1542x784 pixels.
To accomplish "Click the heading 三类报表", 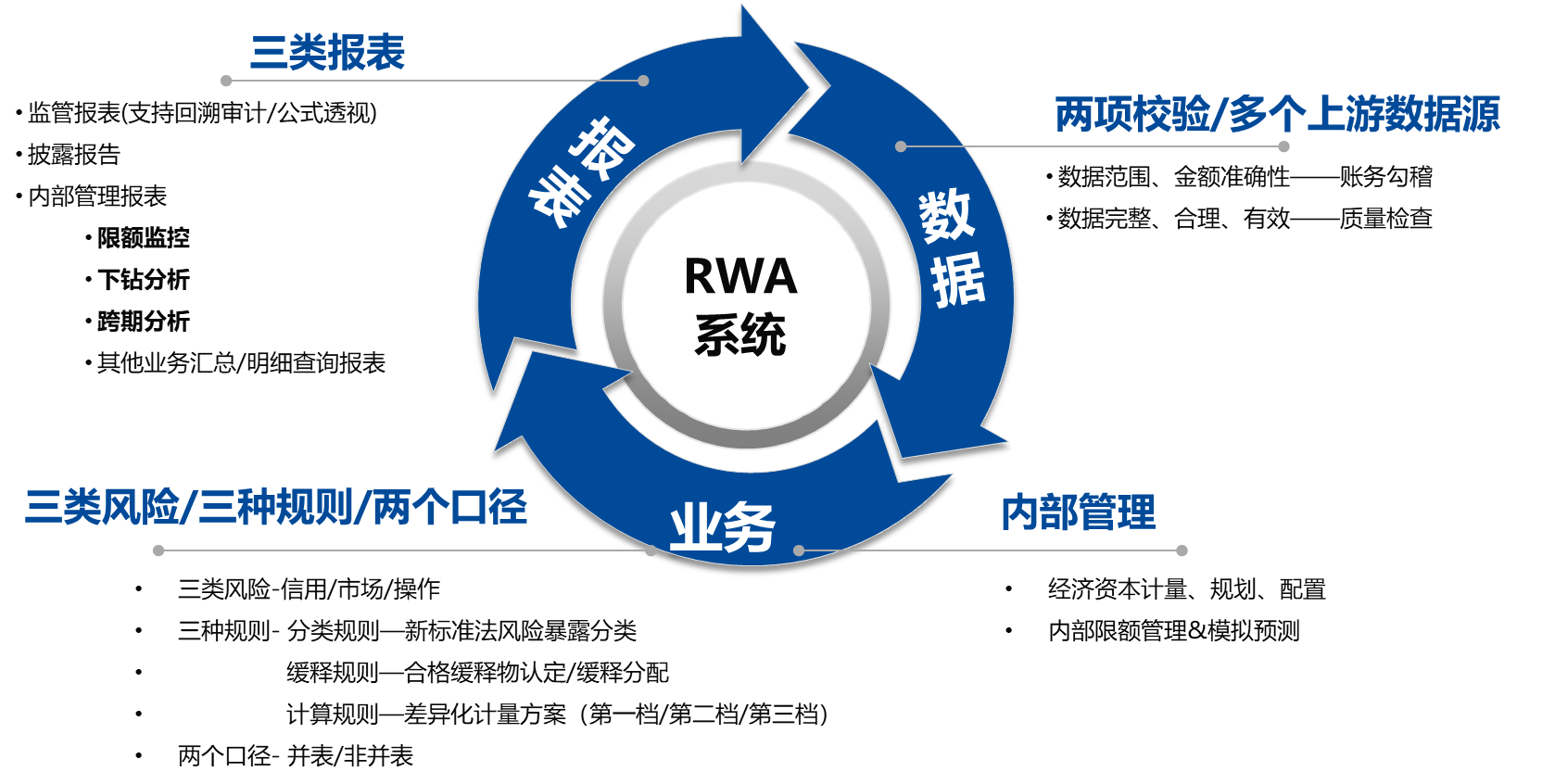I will coord(327,53).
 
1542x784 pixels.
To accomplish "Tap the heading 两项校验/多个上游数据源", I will coord(1277,115).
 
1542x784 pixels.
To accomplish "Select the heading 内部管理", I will coord(1078,512).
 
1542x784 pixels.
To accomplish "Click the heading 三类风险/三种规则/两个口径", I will coord(276,508).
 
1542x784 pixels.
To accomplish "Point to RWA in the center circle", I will coord(740,276).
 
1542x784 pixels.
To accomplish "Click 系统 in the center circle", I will coord(740,335).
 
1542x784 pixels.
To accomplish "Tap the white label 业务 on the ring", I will coord(722,528).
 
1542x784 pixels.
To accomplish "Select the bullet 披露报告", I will coord(74,155).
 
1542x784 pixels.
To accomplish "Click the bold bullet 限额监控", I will coord(143,238).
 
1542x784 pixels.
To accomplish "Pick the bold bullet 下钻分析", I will coord(143,280).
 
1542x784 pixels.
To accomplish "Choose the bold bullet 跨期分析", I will coord(143,322).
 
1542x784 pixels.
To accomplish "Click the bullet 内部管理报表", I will coord(97,196).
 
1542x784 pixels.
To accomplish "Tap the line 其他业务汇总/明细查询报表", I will coord(241,363).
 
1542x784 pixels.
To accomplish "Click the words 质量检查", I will coord(1385,219).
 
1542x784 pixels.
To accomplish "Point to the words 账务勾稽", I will coord(1385,177).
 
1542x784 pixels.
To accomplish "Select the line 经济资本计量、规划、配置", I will coord(1186,589).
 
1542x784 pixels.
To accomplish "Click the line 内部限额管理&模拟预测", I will coord(1173,631).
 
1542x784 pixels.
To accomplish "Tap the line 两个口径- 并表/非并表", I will coord(295,756).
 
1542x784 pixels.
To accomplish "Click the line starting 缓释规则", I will coord(477,673).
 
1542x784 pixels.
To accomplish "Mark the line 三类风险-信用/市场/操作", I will coord(309,589).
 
